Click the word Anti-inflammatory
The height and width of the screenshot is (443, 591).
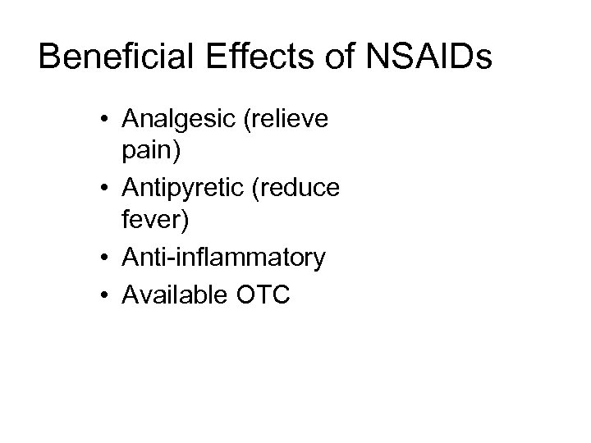point(223,258)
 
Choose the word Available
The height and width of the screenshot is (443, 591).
point(171,293)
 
